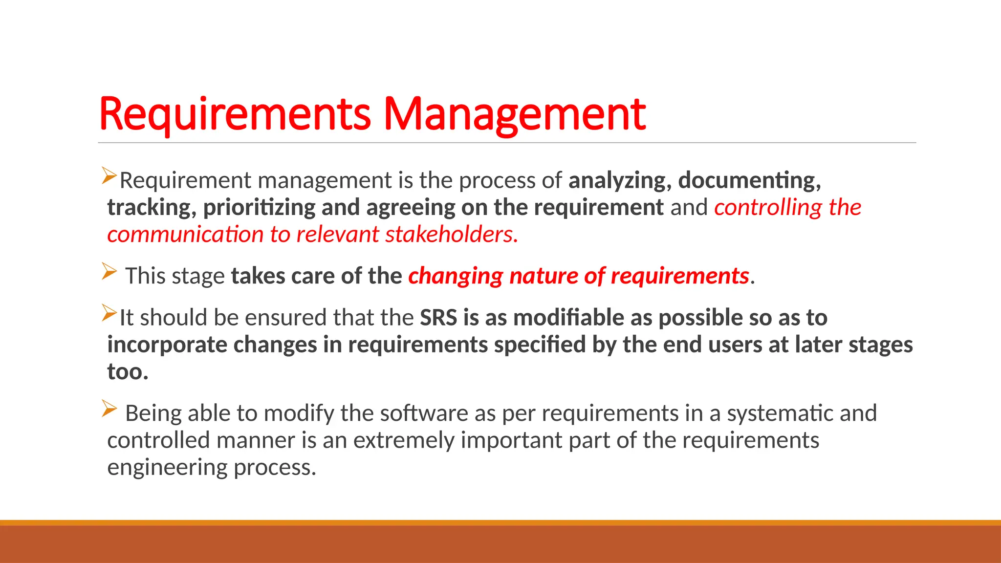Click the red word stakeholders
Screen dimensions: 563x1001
point(451,235)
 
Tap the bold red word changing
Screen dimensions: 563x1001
point(456,277)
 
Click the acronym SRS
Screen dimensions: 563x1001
point(438,318)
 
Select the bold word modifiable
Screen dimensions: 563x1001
point(568,318)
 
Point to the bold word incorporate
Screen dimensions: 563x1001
point(166,345)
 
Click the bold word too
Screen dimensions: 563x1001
point(127,372)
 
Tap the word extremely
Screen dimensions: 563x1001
point(404,440)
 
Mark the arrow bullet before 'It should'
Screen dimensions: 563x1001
point(109,313)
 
